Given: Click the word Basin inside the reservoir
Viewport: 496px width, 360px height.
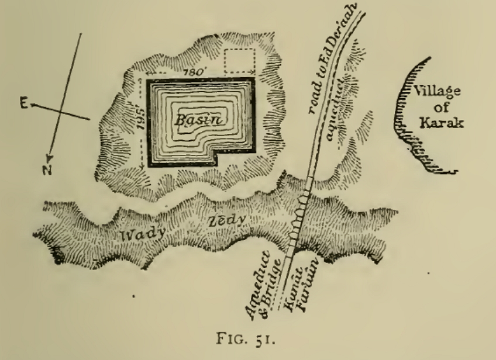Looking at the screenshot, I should (x=195, y=119).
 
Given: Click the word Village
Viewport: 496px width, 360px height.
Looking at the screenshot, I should (x=436, y=91).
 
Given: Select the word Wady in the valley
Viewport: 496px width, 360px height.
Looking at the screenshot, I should (x=139, y=234).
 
